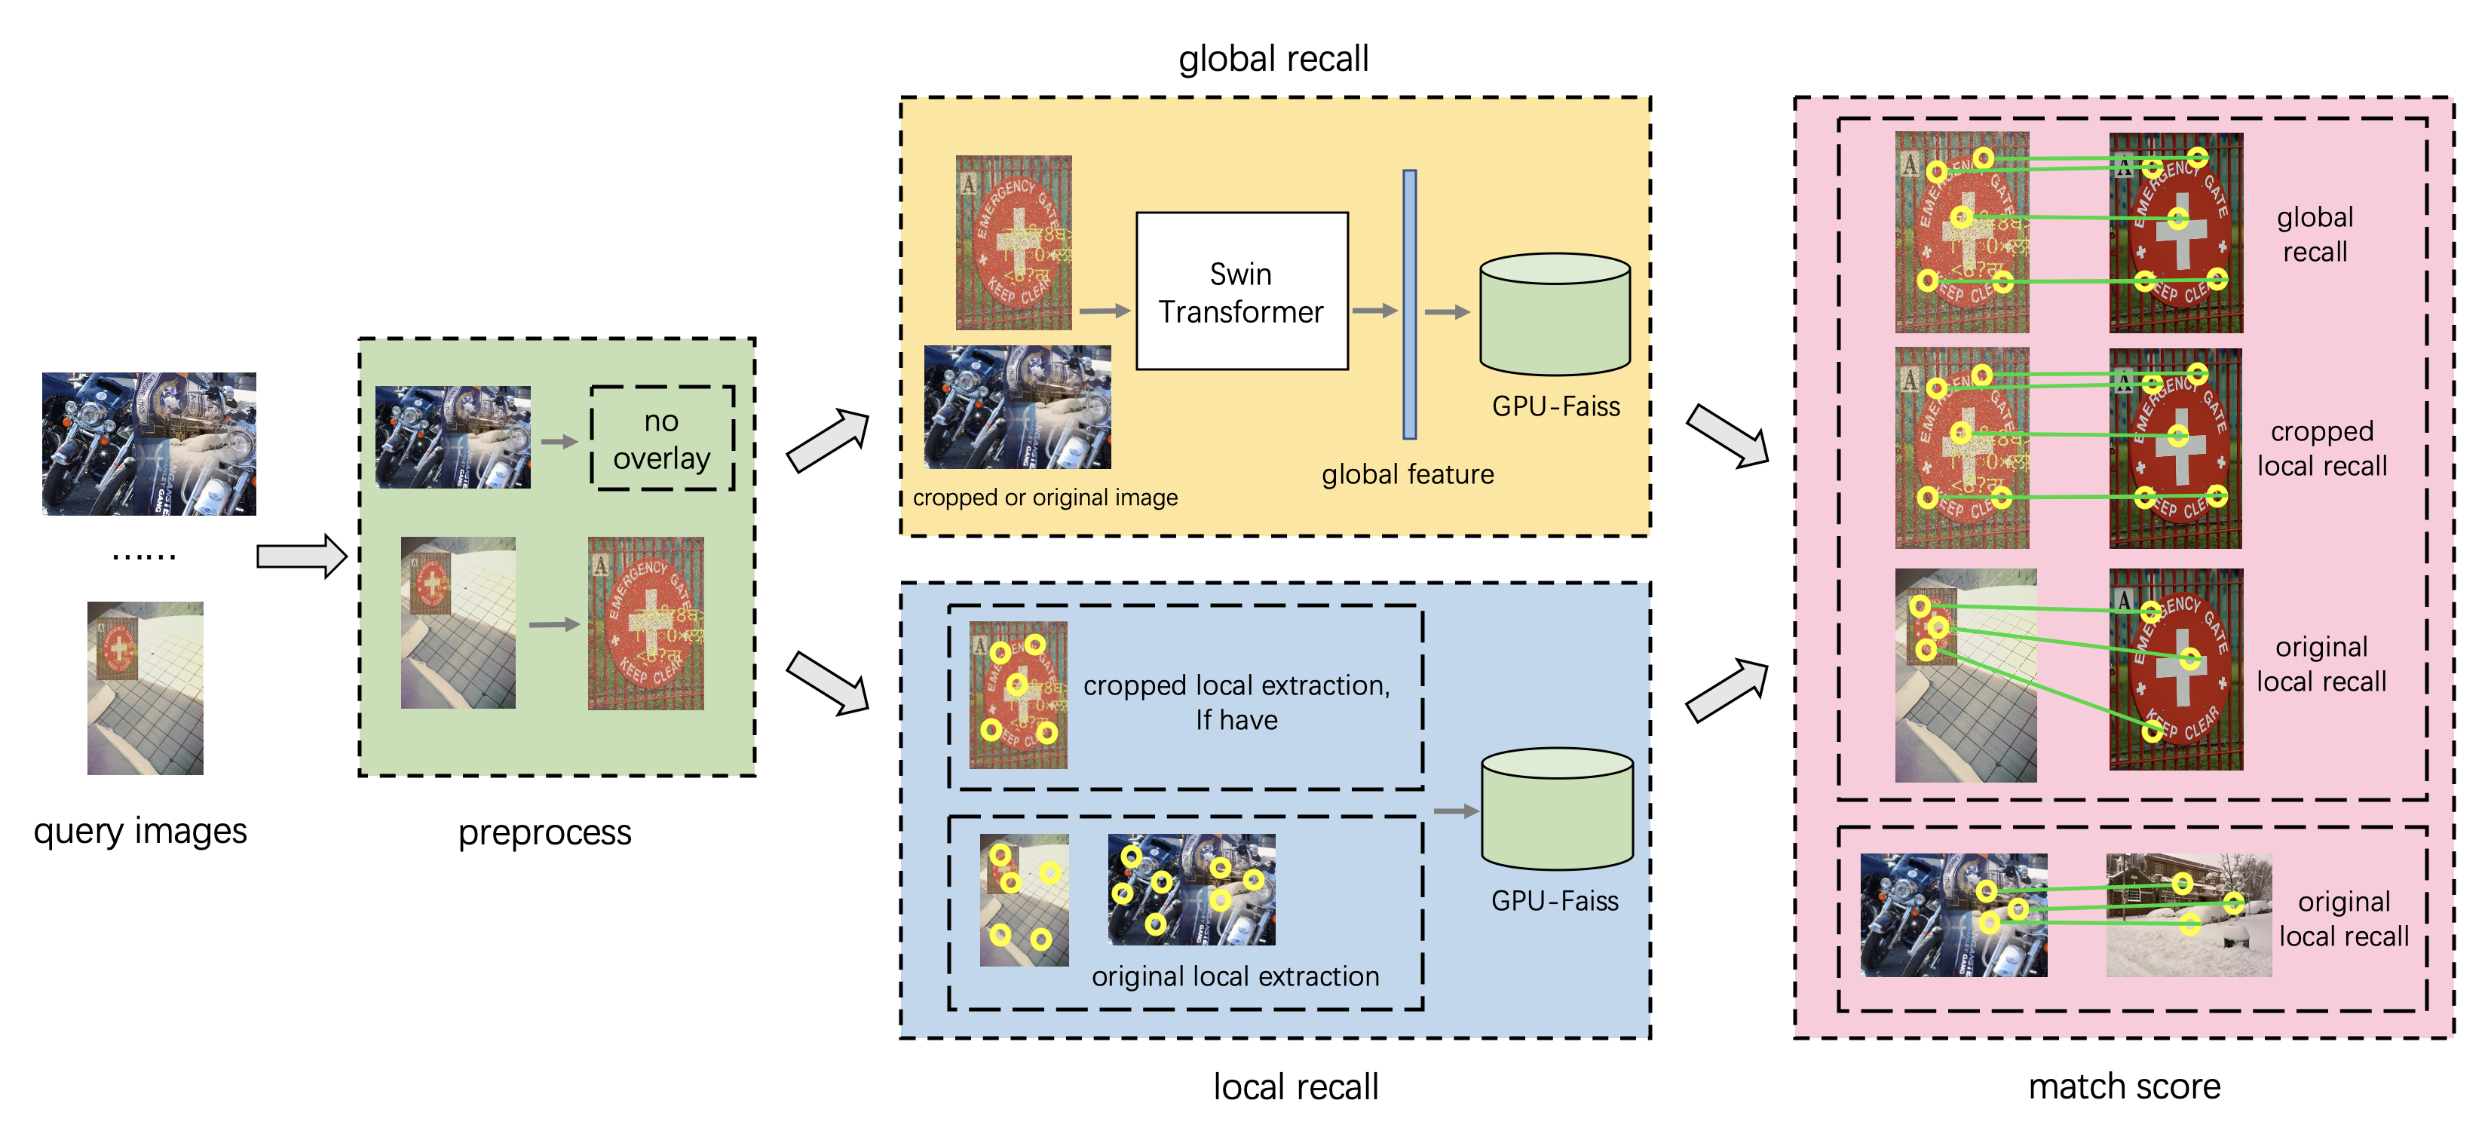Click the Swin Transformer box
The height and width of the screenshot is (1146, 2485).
click(1242, 291)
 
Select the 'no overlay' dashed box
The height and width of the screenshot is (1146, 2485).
click(662, 439)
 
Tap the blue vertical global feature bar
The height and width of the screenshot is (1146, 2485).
click(1409, 305)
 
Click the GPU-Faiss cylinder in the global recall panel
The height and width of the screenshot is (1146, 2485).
click(1555, 315)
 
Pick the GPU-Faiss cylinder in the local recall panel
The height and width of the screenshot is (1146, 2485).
click(1556, 810)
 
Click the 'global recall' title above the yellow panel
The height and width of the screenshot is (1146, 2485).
click(1273, 59)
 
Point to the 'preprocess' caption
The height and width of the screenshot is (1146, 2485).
click(544, 832)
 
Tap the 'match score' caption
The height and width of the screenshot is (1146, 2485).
click(2124, 1087)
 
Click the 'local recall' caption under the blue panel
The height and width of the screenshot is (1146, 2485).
click(1295, 1087)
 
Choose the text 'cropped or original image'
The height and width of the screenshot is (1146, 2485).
click(1045, 498)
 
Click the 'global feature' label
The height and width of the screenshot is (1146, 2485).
click(1408, 474)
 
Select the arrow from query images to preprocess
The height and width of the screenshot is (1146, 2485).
click(301, 556)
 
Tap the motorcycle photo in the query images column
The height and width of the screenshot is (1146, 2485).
click(149, 444)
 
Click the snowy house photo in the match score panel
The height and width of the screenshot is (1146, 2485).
click(2188, 915)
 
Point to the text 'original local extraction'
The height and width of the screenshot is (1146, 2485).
click(1235, 976)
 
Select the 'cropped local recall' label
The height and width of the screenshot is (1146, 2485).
click(2321, 449)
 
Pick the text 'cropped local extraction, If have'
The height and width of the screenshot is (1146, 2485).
click(1236, 702)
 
